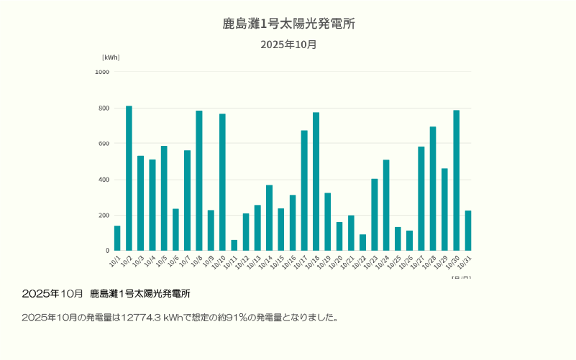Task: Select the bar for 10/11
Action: [234, 245]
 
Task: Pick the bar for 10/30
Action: [456, 180]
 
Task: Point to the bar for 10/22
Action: [362, 242]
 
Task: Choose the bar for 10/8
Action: [199, 180]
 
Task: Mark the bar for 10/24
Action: [386, 205]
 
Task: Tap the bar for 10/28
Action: [433, 188]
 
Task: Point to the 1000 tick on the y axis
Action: [102, 72]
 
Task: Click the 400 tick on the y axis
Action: [104, 180]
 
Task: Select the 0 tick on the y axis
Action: [107, 251]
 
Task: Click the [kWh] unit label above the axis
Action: [111, 57]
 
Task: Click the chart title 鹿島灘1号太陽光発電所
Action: [288, 24]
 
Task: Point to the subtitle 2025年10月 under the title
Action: [288, 45]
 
